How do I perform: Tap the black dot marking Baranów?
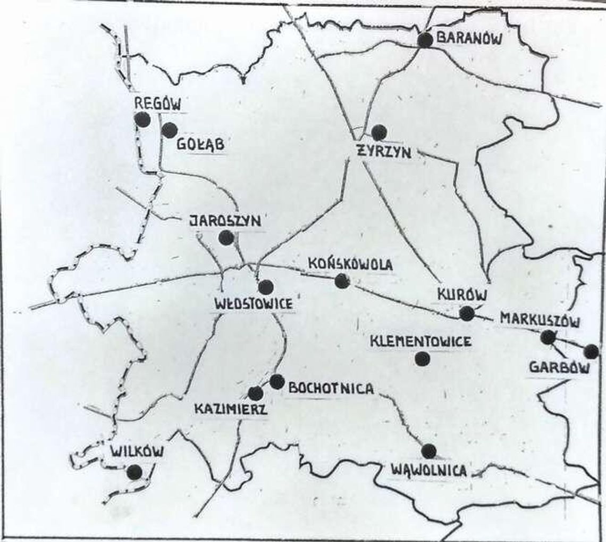425,40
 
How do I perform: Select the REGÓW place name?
157,103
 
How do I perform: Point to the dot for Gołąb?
169,130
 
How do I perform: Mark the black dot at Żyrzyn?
379,133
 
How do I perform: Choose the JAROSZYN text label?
226,221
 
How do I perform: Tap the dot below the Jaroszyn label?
226,237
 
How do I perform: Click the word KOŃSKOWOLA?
350,264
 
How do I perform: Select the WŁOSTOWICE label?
253,304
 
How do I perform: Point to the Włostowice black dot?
266,287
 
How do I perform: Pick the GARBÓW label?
559,368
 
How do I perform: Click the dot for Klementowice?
422,359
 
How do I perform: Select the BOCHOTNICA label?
330,388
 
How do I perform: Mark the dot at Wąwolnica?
428,451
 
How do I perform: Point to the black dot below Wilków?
135,472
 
